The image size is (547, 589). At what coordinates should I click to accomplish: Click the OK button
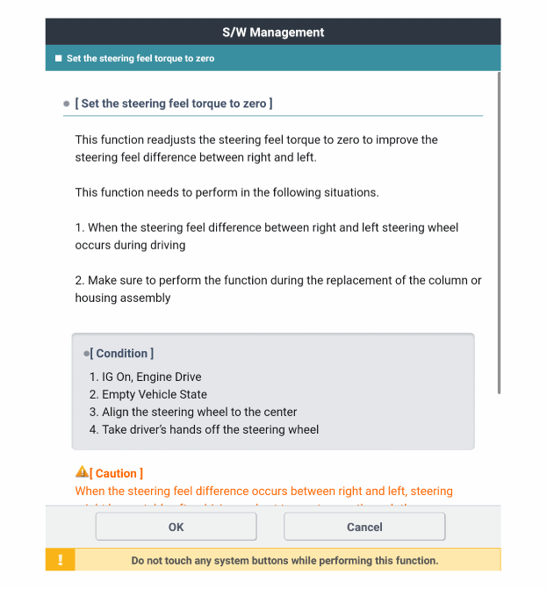[x=176, y=527]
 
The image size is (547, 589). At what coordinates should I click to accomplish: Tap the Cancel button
[x=364, y=527]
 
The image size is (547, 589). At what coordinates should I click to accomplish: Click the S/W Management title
[x=273, y=32]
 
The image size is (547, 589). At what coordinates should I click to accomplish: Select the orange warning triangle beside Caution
[x=82, y=472]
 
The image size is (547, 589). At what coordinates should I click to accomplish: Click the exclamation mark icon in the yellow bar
[x=61, y=560]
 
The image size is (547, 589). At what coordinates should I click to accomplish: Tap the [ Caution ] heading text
[x=117, y=473]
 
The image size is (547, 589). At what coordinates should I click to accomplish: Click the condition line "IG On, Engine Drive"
[x=145, y=377]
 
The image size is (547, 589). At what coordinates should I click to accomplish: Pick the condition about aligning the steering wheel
[x=192, y=412]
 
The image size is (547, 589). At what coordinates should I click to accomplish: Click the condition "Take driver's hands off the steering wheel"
[x=204, y=429]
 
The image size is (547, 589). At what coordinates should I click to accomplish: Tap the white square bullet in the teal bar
[x=58, y=59]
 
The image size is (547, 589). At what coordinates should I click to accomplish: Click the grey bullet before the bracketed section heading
[x=67, y=104]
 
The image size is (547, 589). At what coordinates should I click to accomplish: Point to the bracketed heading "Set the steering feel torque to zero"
[x=174, y=104]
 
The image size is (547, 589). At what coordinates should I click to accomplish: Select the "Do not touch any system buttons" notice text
[x=284, y=560]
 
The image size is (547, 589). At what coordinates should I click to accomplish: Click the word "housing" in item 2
[x=97, y=298]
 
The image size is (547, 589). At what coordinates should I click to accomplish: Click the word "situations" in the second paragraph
[x=349, y=192]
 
